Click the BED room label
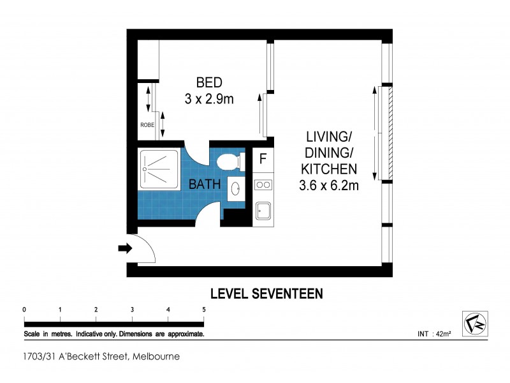tap(209, 82)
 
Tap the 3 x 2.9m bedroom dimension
tap(209, 99)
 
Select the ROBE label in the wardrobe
tap(147, 124)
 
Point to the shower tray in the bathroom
tap(159, 169)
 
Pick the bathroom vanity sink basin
tap(235, 188)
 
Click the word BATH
tap(205, 184)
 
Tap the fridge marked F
tap(263, 159)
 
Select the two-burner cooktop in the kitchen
tap(263, 185)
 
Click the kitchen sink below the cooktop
tap(263, 211)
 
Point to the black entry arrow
tap(125, 248)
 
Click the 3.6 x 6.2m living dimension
tap(329, 186)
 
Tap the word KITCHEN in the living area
tap(329, 169)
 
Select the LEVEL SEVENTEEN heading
tap(266, 294)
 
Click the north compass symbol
tap(475, 324)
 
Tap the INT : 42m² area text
tap(434, 334)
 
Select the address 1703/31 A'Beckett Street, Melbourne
tap(101, 356)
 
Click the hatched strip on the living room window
tap(391, 133)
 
